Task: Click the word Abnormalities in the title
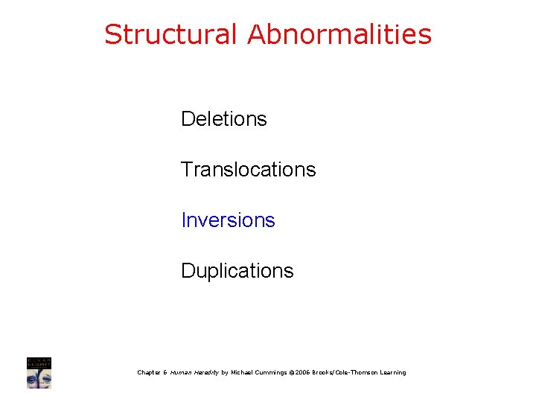click(339, 34)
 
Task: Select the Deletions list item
click(223, 119)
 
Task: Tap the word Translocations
click(248, 170)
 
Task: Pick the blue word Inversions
click(228, 220)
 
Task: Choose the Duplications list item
click(237, 271)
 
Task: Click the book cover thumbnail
click(39, 372)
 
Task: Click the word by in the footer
click(224, 372)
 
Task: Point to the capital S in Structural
click(112, 34)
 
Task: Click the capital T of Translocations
click(186, 170)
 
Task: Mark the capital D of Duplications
click(187, 271)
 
